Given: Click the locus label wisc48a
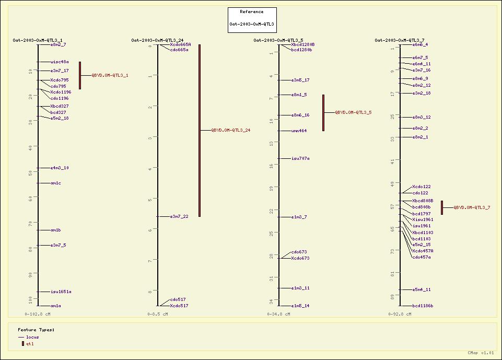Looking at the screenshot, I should coord(60,62).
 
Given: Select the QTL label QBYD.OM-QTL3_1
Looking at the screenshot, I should coord(110,75).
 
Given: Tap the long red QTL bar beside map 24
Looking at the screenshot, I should coord(200,130).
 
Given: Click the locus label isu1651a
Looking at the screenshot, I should coord(61,292).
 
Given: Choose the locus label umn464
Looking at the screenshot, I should coord(299,131).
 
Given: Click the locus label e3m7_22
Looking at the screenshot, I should coord(179,216).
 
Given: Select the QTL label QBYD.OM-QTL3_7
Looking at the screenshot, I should coord(472,207).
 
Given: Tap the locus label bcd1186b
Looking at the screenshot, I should coord(423,306).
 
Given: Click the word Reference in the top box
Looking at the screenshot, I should coord(252,11).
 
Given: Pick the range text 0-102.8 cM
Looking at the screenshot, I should coord(38,314).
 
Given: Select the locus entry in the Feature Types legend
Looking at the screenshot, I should coord(32,337).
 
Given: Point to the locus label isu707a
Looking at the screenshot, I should coord(300,158).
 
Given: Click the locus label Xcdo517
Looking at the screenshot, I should coord(179,306).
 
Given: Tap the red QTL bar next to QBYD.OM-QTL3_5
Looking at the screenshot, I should coord(323,112).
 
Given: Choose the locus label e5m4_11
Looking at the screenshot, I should coord(422,289).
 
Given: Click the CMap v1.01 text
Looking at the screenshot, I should coord(481,353).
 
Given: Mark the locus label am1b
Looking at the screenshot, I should coord(55,230).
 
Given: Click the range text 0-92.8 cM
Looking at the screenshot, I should coord(400,314).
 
